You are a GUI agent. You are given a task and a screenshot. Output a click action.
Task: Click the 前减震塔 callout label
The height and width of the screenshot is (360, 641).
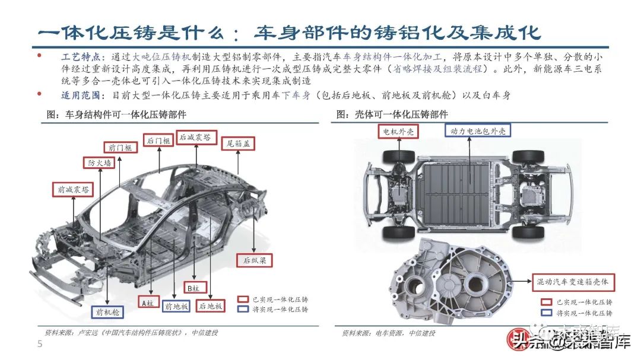[x=74, y=190]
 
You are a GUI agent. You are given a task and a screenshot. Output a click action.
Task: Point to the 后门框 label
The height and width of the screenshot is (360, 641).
[x=159, y=141]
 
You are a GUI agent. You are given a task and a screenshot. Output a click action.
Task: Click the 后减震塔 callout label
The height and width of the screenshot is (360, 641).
[x=195, y=137]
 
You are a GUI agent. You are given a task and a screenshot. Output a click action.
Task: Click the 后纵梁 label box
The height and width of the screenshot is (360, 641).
[x=255, y=259]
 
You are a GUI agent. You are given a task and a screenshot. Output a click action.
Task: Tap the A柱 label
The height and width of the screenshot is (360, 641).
[x=147, y=303]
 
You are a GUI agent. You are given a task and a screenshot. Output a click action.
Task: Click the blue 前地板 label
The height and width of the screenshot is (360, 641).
[x=176, y=306]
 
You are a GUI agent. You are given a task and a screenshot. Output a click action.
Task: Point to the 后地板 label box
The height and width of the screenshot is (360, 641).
[x=211, y=306]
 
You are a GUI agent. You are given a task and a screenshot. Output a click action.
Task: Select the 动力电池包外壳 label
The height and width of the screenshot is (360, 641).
[x=477, y=131]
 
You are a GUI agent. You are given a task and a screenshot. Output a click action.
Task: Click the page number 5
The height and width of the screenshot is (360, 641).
[x=40, y=345]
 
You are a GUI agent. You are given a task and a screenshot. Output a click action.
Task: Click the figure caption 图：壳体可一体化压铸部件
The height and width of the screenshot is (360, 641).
[x=392, y=114]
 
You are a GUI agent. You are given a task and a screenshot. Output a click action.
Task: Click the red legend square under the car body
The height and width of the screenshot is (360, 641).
[x=242, y=299]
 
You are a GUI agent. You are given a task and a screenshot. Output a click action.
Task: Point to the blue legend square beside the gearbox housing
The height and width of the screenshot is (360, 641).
[x=546, y=313]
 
